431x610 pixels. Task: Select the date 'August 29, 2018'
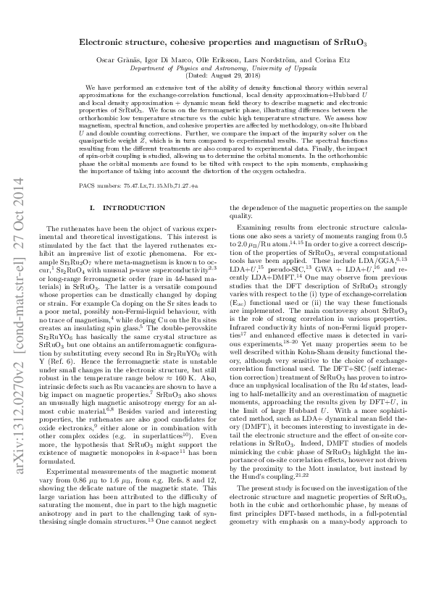click(225, 74)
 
